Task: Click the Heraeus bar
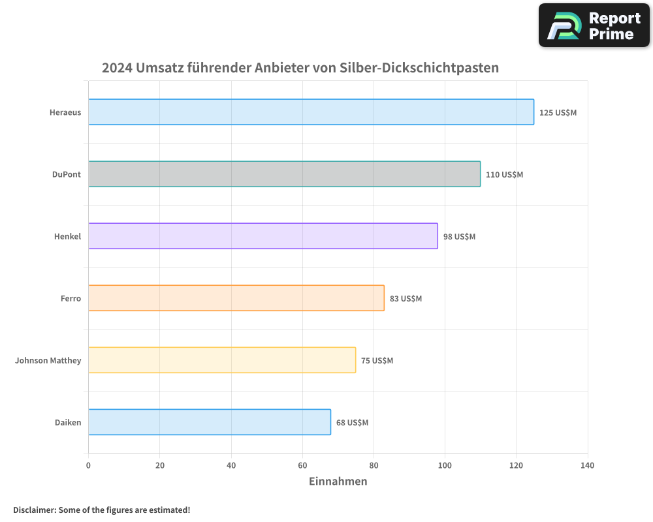click(x=311, y=112)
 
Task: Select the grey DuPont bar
click(x=284, y=174)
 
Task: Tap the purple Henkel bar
click(x=263, y=236)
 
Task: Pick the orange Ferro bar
click(x=236, y=298)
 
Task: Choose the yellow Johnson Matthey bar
click(x=222, y=360)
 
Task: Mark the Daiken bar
click(x=209, y=422)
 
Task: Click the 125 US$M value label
click(x=558, y=113)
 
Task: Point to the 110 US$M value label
click(x=504, y=175)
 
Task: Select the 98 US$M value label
click(x=459, y=237)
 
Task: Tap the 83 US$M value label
click(x=406, y=299)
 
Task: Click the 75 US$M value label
click(x=377, y=361)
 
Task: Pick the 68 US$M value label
click(x=352, y=423)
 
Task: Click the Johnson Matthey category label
click(x=48, y=360)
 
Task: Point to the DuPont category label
click(x=67, y=174)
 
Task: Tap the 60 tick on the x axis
click(x=302, y=465)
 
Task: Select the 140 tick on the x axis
click(x=587, y=465)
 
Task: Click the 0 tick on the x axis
click(x=88, y=465)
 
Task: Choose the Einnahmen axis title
click(x=338, y=482)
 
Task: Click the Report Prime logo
click(x=594, y=25)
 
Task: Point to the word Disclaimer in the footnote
click(x=34, y=510)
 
